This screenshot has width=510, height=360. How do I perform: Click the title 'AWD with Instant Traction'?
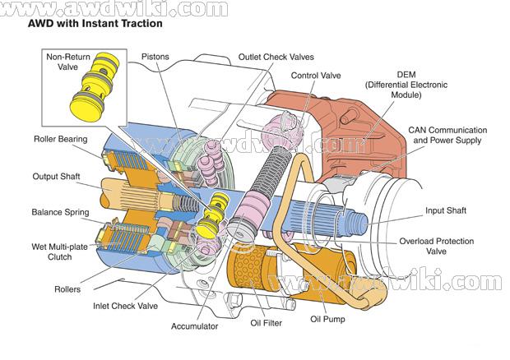click(x=95, y=24)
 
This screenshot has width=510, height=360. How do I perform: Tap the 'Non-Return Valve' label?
click(x=67, y=63)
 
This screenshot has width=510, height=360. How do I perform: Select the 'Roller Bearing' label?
click(x=61, y=139)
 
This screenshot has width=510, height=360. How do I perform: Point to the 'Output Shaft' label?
click(x=57, y=176)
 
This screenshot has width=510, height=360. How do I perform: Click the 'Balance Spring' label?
click(x=60, y=212)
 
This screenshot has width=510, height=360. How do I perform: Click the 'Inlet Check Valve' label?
click(x=125, y=307)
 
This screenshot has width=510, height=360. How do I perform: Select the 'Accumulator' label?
click(x=195, y=326)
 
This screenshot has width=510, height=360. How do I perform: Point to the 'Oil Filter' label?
click(x=263, y=323)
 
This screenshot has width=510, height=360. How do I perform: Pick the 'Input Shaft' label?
click(x=446, y=210)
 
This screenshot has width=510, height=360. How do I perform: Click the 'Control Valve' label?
click(x=316, y=76)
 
